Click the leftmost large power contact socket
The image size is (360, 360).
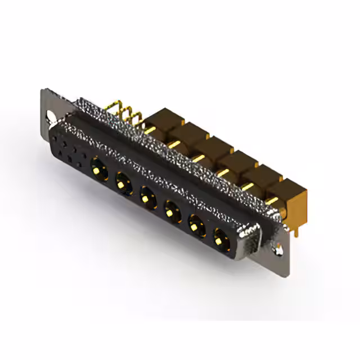pos(98,166)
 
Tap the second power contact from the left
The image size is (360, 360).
pos(123,182)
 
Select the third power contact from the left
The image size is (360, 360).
pos(147,197)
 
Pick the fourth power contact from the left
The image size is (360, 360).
pos(172,212)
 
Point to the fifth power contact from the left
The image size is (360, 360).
pos(196,227)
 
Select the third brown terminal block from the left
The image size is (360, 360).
pos(211,147)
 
